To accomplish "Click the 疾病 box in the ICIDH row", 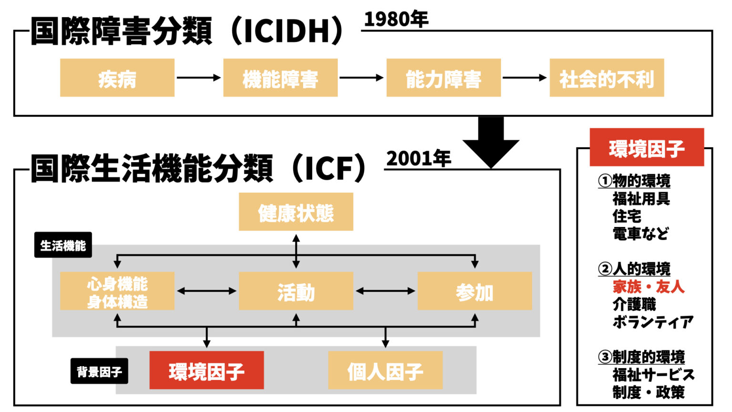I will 117,78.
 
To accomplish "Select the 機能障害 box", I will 280,78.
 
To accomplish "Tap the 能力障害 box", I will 443,78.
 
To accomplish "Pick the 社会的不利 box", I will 606,78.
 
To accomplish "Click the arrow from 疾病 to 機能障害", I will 198,78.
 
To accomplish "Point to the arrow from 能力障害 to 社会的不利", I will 524,78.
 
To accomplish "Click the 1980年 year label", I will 396,19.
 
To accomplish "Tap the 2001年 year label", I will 418,158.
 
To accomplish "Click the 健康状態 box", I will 295,212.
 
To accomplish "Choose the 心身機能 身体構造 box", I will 117,291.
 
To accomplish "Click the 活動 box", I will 295,291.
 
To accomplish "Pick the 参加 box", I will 474,291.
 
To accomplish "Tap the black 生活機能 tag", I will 63,245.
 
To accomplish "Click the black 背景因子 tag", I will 99,371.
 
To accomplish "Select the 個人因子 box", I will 385,370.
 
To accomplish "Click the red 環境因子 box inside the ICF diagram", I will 206,370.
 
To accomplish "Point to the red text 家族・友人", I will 648,287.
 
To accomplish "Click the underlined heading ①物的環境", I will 634,181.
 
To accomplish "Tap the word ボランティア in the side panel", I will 653,322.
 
